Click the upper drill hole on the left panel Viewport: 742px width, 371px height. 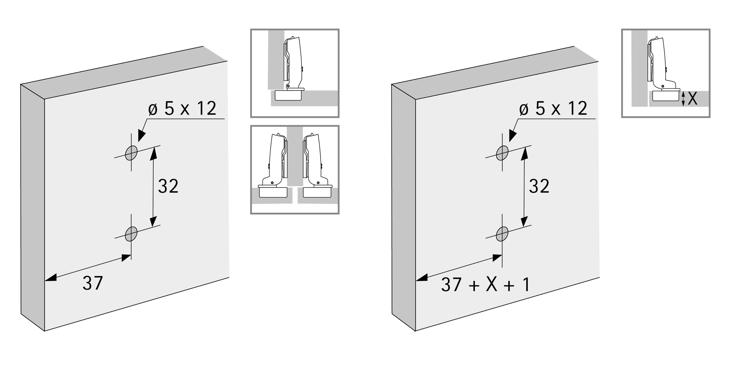pyautogui.click(x=131, y=153)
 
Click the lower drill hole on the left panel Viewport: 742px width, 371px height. pyautogui.click(x=131, y=234)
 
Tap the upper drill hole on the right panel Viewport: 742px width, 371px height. pyautogui.click(x=502, y=153)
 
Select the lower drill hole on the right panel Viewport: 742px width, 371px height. pyautogui.click(x=502, y=234)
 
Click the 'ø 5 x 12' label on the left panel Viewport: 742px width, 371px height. pyautogui.click(x=182, y=109)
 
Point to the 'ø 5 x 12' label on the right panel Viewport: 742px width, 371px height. pyautogui.click(x=553, y=109)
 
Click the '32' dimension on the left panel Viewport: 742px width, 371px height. pyautogui.click(x=168, y=186)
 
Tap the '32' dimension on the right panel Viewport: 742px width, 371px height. pyautogui.click(x=539, y=186)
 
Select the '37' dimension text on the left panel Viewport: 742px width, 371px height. pyautogui.click(x=93, y=283)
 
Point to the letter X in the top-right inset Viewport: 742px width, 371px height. pyautogui.click(x=693, y=99)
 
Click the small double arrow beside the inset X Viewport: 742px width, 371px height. pyautogui.click(x=683, y=99)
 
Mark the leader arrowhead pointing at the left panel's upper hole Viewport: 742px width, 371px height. pyautogui.click(x=142, y=136)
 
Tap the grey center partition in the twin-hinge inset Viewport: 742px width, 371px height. pyautogui.click(x=295, y=156)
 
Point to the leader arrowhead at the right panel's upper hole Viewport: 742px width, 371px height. pyautogui.click(x=513, y=136)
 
